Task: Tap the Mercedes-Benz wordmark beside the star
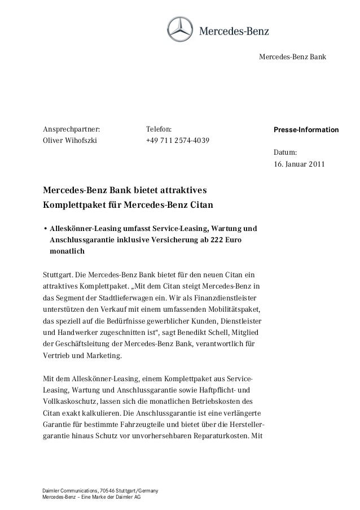click(x=233, y=30)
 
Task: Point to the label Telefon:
click(x=159, y=130)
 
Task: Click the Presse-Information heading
click(x=306, y=130)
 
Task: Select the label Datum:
click(x=285, y=154)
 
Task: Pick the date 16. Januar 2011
click(x=299, y=165)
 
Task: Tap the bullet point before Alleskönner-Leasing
click(x=45, y=229)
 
